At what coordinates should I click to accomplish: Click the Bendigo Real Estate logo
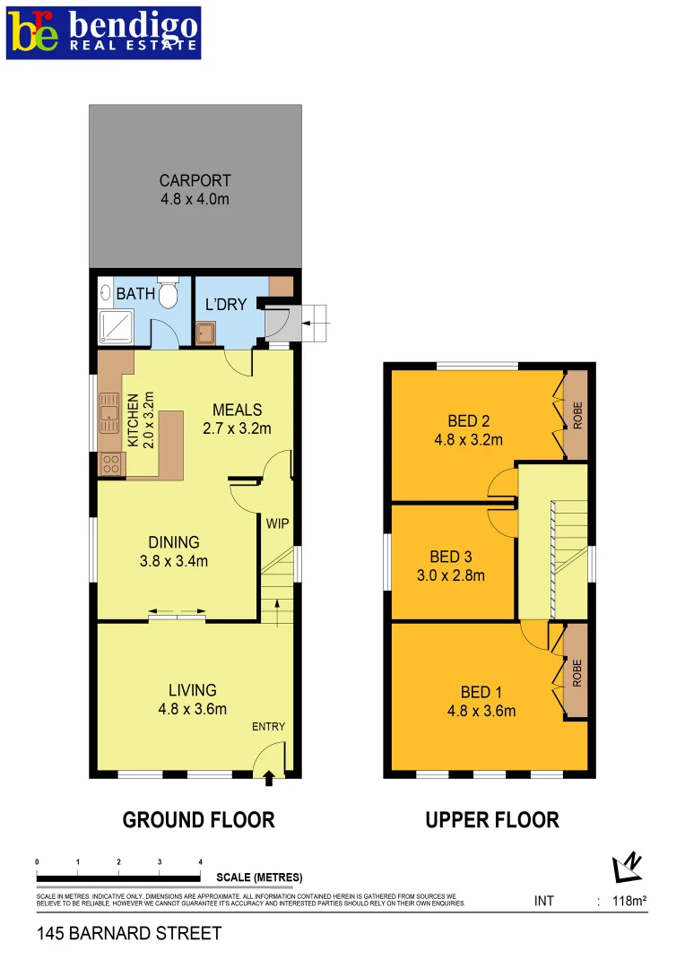103,33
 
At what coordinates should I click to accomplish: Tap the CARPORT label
195,180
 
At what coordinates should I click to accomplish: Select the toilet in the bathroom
169,293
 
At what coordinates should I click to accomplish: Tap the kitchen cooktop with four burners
111,463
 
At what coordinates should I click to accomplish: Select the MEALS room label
237,409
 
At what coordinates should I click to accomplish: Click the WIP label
278,523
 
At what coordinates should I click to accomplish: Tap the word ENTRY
268,726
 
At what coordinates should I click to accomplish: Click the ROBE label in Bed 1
577,672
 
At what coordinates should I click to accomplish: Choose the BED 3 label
451,557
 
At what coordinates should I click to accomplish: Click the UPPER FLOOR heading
492,819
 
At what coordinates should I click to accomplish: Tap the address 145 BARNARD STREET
129,934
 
